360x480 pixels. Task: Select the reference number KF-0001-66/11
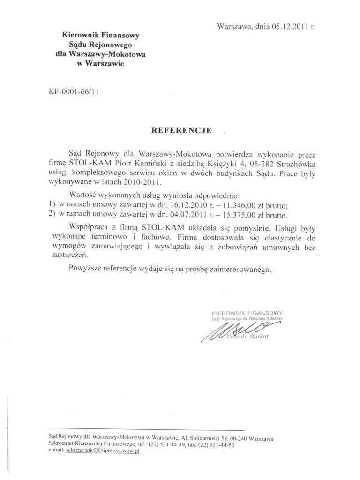pyautogui.click(x=70, y=92)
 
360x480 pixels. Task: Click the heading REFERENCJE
pyautogui.click(x=180, y=129)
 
